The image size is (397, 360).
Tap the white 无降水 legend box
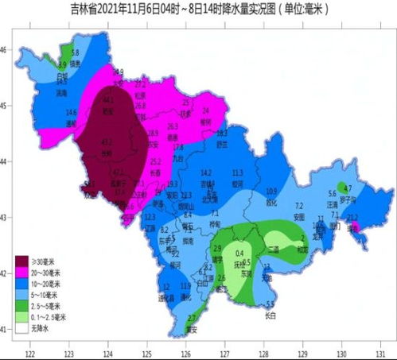pyautogui.click(x=25, y=327)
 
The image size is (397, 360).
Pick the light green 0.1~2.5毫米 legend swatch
pyautogui.click(x=25, y=315)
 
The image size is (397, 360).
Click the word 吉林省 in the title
pyautogui.click(x=84, y=8)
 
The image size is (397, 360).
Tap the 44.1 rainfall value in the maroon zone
pyautogui.click(x=108, y=100)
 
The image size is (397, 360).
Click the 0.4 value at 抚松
pyautogui.click(x=239, y=253)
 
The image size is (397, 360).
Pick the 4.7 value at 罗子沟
pyautogui.click(x=348, y=188)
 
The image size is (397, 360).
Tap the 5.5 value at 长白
pyautogui.click(x=270, y=304)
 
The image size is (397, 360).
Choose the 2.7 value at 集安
pyautogui.click(x=190, y=318)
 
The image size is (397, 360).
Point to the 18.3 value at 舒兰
pyautogui.click(x=222, y=133)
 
